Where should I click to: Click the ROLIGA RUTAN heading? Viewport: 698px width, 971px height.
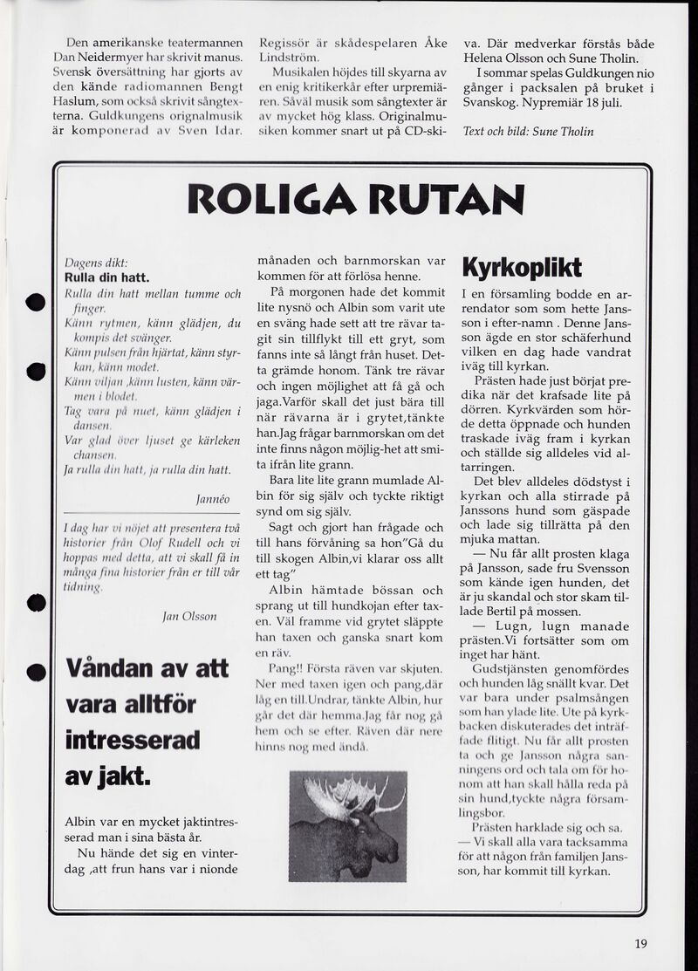(x=356, y=199)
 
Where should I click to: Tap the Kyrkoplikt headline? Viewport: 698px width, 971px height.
(x=520, y=267)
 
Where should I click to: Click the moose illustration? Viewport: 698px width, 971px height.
(x=347, y=825)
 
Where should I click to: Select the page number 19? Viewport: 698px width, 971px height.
(x=641, y=942)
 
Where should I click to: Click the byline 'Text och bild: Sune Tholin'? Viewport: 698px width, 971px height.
(x=528, y=132)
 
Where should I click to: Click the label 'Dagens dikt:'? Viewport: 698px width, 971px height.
(x=96, y=263)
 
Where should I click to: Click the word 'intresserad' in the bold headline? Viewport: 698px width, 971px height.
(x=133, y=740)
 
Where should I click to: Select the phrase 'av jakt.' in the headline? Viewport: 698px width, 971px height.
(x=108, y=775)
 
